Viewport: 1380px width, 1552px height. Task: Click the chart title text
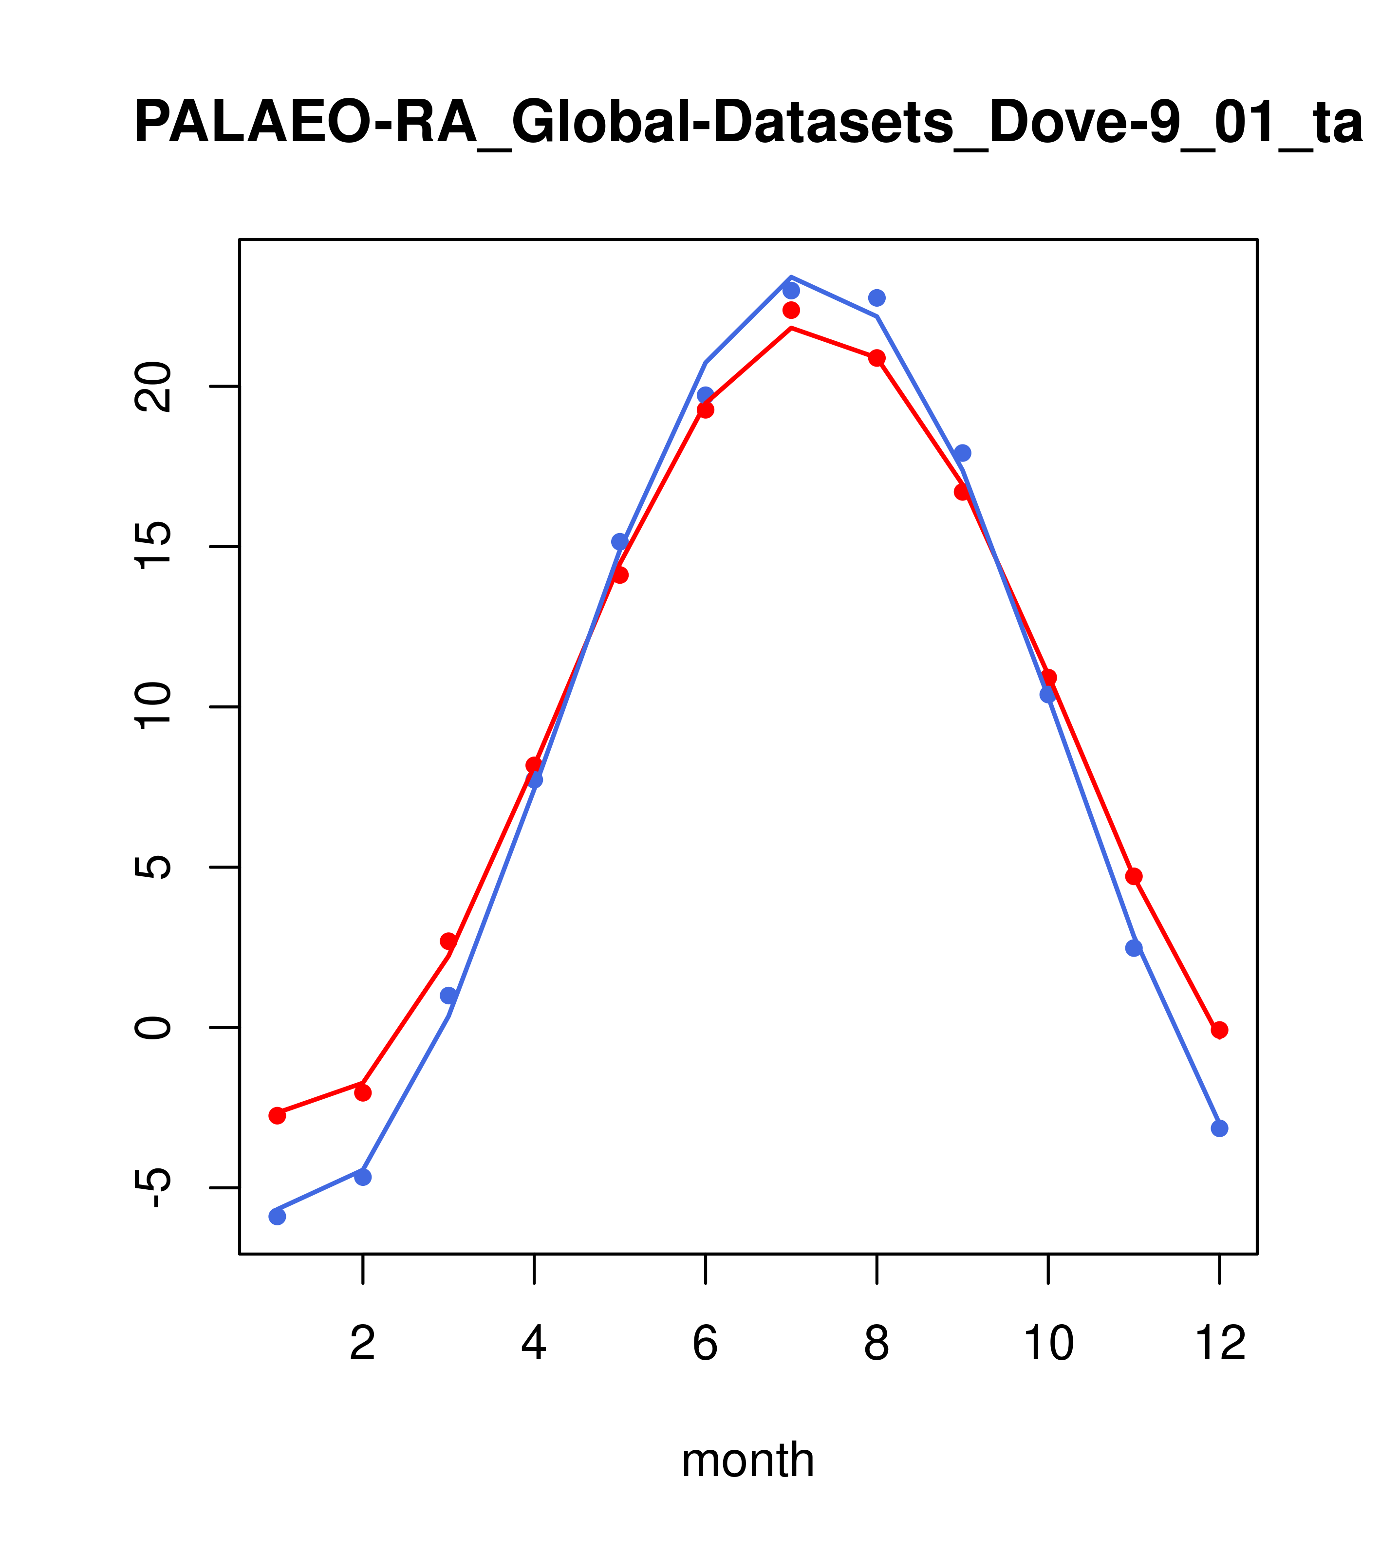coord(748,123)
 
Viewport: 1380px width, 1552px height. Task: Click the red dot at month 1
coord(277,1115)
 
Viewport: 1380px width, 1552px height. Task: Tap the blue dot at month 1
coord(277,1217)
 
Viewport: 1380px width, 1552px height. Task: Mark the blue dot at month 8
coord(876,297)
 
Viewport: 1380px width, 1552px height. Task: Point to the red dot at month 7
coord(791,310)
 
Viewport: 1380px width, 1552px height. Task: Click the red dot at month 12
coord(1220,1030)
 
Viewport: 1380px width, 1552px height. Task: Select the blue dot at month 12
coord(1220,1128)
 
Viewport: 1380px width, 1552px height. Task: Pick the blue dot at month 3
coord(449,996)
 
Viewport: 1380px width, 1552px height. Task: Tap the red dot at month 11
coord(1134,876)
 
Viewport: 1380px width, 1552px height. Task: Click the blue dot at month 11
coord(1134,947)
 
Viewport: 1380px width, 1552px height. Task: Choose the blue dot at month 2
coord(363,1177)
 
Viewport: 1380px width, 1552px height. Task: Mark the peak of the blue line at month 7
coord(791,277)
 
